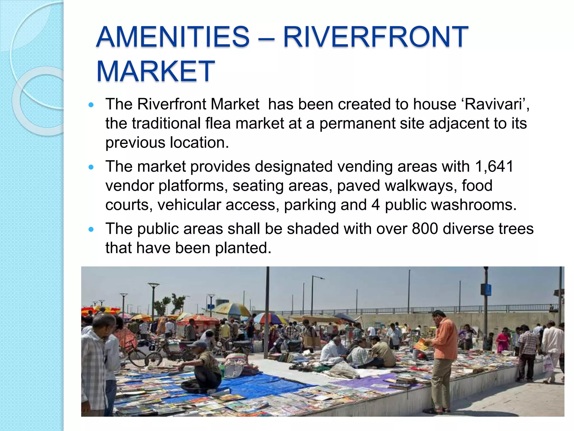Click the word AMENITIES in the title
[x=173, y=37]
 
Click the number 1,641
[x=494, y=166]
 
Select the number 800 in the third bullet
[x=425, y=229]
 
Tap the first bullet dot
[x=91, y=105]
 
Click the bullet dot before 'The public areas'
[x=91, y=229]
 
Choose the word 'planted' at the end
[x=243, y=248]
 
